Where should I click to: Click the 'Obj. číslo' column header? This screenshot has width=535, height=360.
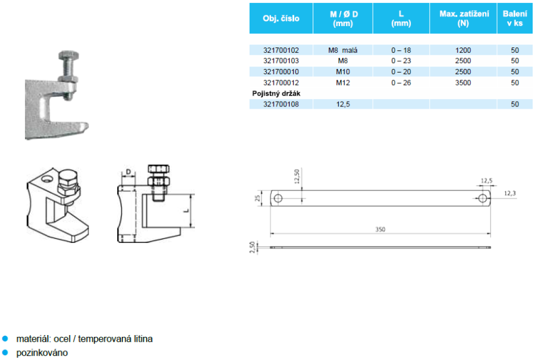click(281, 18)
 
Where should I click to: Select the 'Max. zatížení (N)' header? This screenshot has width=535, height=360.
click(463, 18)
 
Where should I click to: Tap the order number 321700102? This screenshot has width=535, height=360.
click(281, 50)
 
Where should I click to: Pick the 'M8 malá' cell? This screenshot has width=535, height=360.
click(342, 50)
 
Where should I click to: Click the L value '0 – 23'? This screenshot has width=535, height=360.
click(401, 61)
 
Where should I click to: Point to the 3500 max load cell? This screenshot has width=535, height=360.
click(463, 83)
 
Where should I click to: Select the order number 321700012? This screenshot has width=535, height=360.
click(281, 83)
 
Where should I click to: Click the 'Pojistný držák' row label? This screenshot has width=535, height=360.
click(276, 93)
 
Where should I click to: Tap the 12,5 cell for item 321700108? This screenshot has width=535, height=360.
click(343, 105)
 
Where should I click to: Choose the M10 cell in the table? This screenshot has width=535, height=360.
click(343, 72)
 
